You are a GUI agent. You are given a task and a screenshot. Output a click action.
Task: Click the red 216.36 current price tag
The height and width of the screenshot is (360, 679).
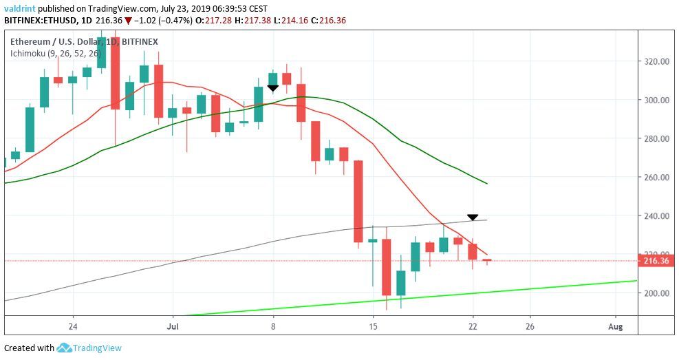(657, 261)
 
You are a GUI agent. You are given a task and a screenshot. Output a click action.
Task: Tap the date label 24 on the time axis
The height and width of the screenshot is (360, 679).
(73, 326)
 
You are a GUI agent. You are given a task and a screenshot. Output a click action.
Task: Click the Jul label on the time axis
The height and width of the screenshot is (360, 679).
(173, 326)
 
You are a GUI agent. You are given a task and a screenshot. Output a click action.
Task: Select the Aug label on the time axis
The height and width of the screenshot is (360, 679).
(616, 326)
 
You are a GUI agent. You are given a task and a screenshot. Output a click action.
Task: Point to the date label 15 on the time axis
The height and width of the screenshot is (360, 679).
(373, 326)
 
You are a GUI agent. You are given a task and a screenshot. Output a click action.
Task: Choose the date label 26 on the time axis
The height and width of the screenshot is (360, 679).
(530, 326)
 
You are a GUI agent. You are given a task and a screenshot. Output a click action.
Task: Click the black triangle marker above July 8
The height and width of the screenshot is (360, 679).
(273, 88)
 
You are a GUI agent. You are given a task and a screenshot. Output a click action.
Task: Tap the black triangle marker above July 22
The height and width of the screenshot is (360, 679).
(473, 218)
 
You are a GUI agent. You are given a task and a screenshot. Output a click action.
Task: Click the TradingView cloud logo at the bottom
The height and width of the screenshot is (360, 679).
(65, 348)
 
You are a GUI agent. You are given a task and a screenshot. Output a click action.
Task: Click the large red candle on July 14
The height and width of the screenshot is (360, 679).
(358, 201)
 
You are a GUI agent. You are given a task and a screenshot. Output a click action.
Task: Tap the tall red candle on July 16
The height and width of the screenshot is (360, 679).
(387, 267)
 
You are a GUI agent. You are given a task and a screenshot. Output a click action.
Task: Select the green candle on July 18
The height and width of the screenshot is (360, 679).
(416, 257)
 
